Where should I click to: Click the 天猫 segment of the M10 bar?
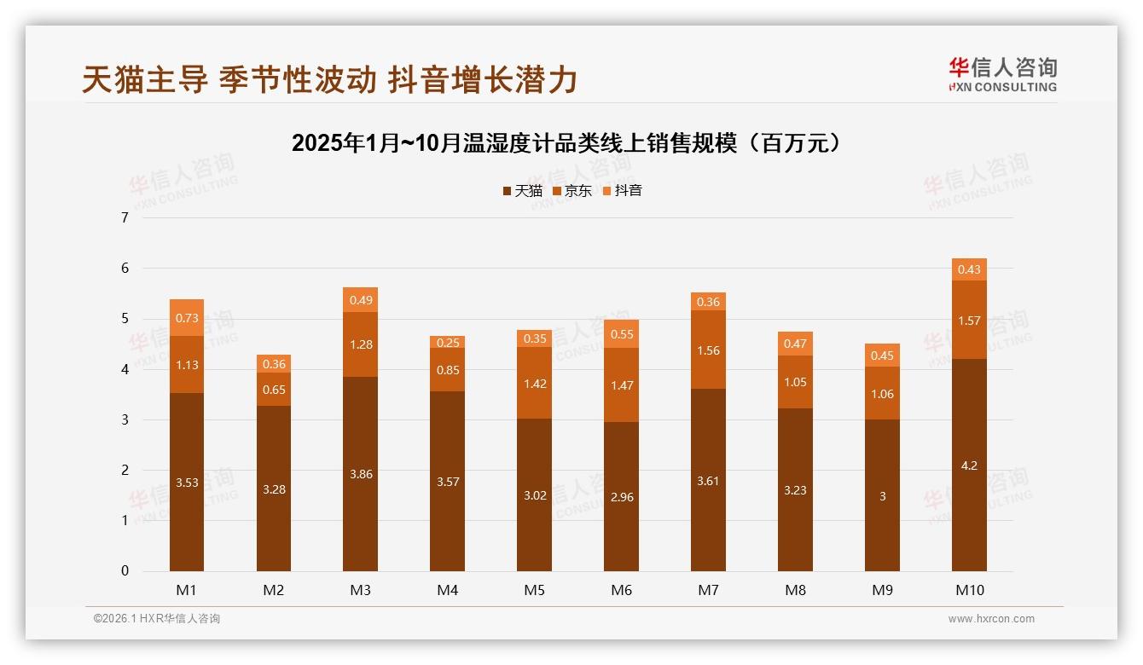coord(969,494)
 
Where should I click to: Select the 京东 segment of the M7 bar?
coord(708,350)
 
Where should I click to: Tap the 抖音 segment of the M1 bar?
coord(187,317)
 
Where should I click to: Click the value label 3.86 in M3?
coord(361,473)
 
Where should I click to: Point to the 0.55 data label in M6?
coord(621,334)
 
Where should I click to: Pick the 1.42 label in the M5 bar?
coord(534,383)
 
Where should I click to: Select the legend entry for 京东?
coord(572,190)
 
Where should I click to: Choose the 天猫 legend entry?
coord(522,190)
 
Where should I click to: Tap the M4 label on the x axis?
coord(448,589)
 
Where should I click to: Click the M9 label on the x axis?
coord(882,589)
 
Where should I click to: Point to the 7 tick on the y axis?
coord(125,217)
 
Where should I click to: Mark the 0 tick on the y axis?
coord(125,571)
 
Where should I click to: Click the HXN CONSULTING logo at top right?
coord(1002,73)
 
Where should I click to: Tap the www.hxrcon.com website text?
coord(991,619)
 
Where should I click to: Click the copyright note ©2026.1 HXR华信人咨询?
coord(157,619)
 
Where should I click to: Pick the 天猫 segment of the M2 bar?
coord(274,489)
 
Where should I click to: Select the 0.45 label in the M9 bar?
coord(882,356)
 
